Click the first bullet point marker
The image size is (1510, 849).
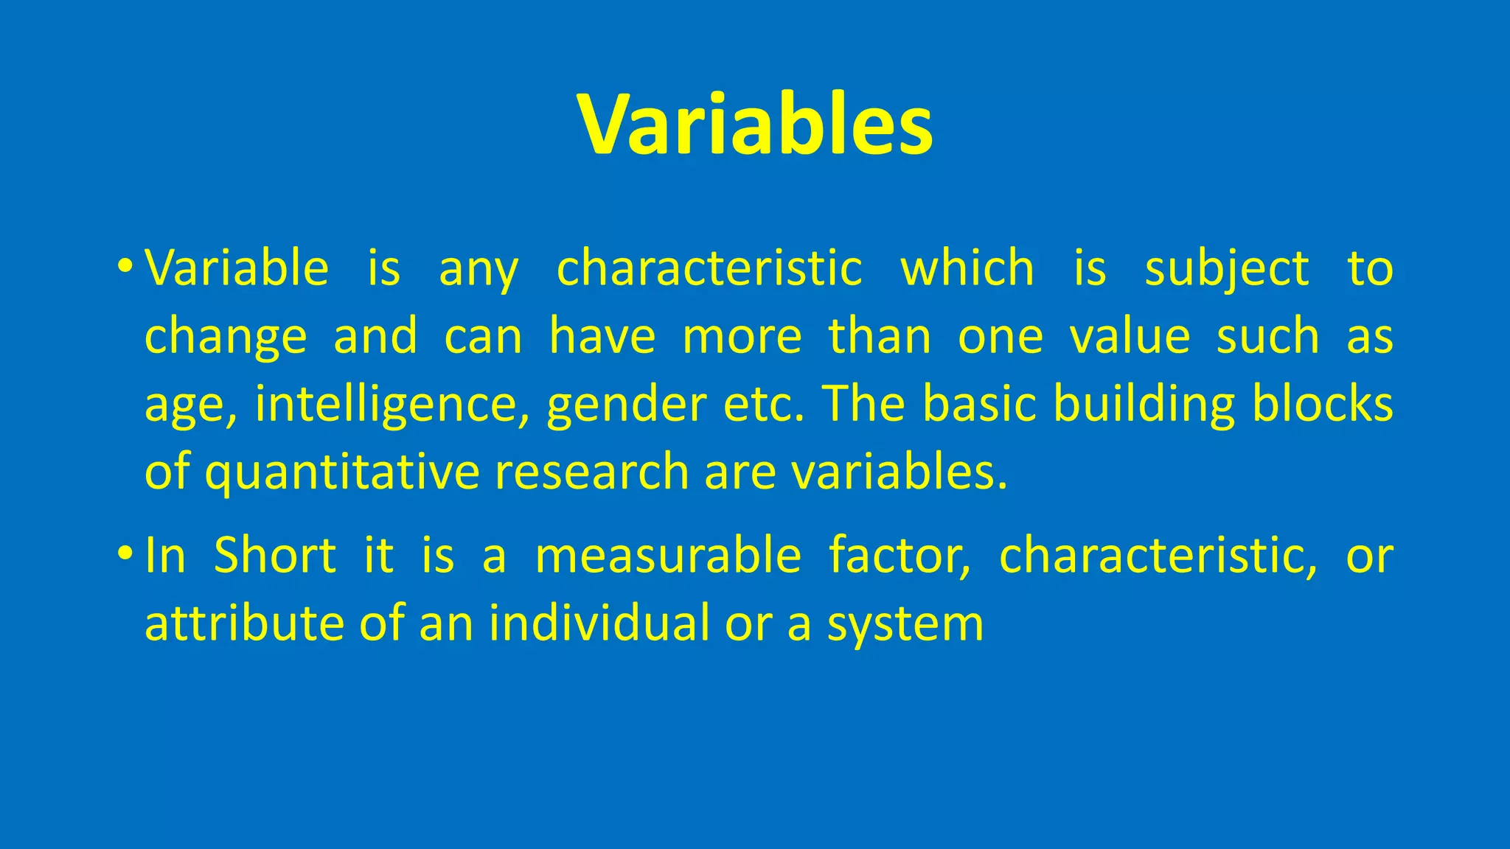coord(125,265)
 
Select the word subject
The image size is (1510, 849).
coord(1226,268)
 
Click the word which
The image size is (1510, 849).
coord(967,267)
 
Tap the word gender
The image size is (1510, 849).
coord(626,404)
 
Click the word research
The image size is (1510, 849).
coord(591,472)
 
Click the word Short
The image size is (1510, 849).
coord(275,554)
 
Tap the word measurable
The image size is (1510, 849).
coord(668,554)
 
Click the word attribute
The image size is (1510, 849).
coord(244,623)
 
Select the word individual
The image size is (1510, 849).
coord(599,623)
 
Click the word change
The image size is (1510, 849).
coord(225,337)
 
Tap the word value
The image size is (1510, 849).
coord(1130,336)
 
